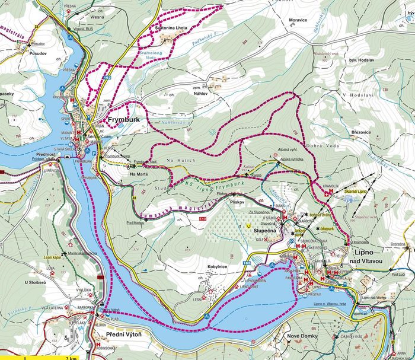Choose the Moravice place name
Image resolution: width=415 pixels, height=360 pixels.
[297, 20]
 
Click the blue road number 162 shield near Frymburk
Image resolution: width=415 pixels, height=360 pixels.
[107, 78]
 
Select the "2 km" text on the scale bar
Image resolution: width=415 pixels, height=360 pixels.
[72, 357]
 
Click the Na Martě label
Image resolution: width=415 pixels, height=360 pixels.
[139, 174]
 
